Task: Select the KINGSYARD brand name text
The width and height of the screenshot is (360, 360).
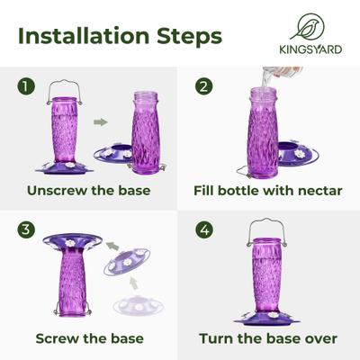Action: click(308, 50)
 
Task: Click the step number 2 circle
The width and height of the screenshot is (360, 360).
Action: click(204, 86)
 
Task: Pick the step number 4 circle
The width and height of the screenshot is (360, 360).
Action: click(204, 229)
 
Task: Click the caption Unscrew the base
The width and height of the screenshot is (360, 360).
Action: click(89, 191)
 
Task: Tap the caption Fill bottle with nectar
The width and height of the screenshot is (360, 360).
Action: click(270, 191)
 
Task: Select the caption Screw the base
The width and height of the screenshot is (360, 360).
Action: click(89, 338)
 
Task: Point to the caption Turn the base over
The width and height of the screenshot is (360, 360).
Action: click(270, 338)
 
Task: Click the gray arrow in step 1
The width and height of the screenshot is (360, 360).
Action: click(101, 123)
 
